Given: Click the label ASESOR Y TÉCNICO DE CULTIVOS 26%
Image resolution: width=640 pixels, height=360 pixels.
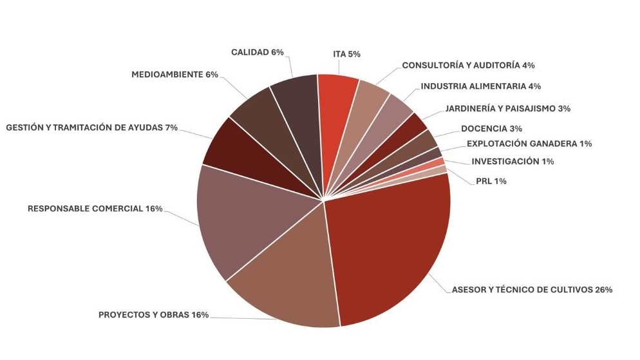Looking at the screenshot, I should (x=532, y=290).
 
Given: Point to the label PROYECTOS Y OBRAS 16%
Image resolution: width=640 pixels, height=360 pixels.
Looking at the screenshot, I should (x=153, y=315).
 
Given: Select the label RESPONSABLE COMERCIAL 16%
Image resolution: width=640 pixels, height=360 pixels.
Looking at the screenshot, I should (x=95, y=209).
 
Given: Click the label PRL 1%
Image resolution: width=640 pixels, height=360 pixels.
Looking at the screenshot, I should (x=490, y=182).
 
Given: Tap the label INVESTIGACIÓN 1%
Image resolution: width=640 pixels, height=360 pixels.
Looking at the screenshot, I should (x=513, y=162).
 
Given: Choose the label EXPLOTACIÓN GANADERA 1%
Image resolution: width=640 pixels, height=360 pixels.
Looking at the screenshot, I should (x=529, y=144).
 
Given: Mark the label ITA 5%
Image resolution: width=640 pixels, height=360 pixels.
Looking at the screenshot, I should (x=346, y=54).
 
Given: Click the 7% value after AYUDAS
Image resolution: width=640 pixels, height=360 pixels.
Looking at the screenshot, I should (x=171, y=128).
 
